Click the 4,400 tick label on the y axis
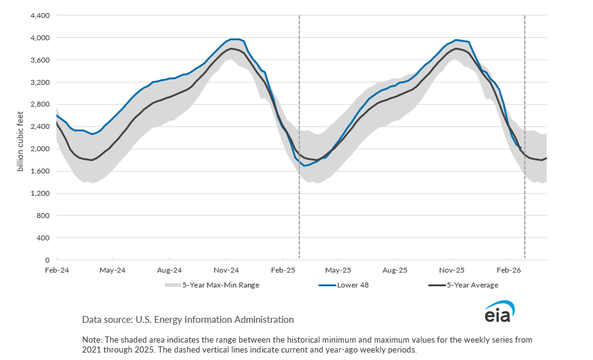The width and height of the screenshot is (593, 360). pos(40,15)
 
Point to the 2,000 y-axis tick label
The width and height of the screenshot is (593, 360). pos(40,149)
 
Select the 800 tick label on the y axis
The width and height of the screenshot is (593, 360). pos(43,216)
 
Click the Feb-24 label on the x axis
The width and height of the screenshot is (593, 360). pos(56,270)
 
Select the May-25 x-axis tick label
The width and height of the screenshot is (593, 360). pos(338,270)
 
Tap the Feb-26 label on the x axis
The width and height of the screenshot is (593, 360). pos(508,270)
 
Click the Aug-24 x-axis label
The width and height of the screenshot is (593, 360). pos(169,270)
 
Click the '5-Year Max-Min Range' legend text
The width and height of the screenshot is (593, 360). pos(220,286)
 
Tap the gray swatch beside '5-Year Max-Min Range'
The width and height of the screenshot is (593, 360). pos(172,286)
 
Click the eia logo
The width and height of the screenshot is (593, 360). pos(499,312)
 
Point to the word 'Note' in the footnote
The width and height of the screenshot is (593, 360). pos(91,340)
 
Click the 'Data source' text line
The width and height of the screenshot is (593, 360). pos(188,320)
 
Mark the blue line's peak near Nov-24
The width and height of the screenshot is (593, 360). pos(234,39)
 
